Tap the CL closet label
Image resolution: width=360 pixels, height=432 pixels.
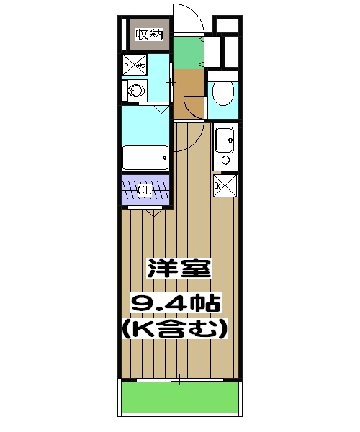click(x=144, y=190)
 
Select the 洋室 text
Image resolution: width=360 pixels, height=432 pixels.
click(x=179, y=269)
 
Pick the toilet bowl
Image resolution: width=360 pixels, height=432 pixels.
click(x=222, y=94)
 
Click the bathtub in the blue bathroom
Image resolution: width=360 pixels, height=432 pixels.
click(x=145, y=156)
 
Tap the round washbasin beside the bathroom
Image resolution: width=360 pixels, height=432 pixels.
click(x=134, y=91)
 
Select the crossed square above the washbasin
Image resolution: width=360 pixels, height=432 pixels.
click(x=134, y=66)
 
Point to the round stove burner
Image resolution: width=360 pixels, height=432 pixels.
click(x=225, y=160)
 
